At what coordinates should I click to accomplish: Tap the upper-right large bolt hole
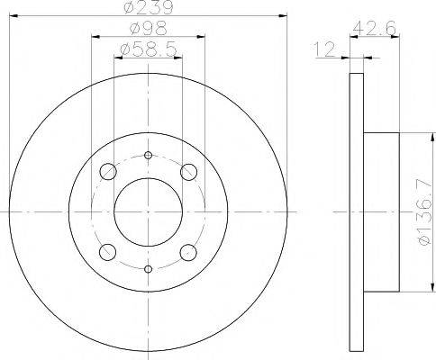click(x=188, y=172)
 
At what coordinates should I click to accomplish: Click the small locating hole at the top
click(x=149, y=156)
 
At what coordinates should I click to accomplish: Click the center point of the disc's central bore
click(x=149, y=211)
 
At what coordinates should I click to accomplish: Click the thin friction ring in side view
click(x=354, y=211)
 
